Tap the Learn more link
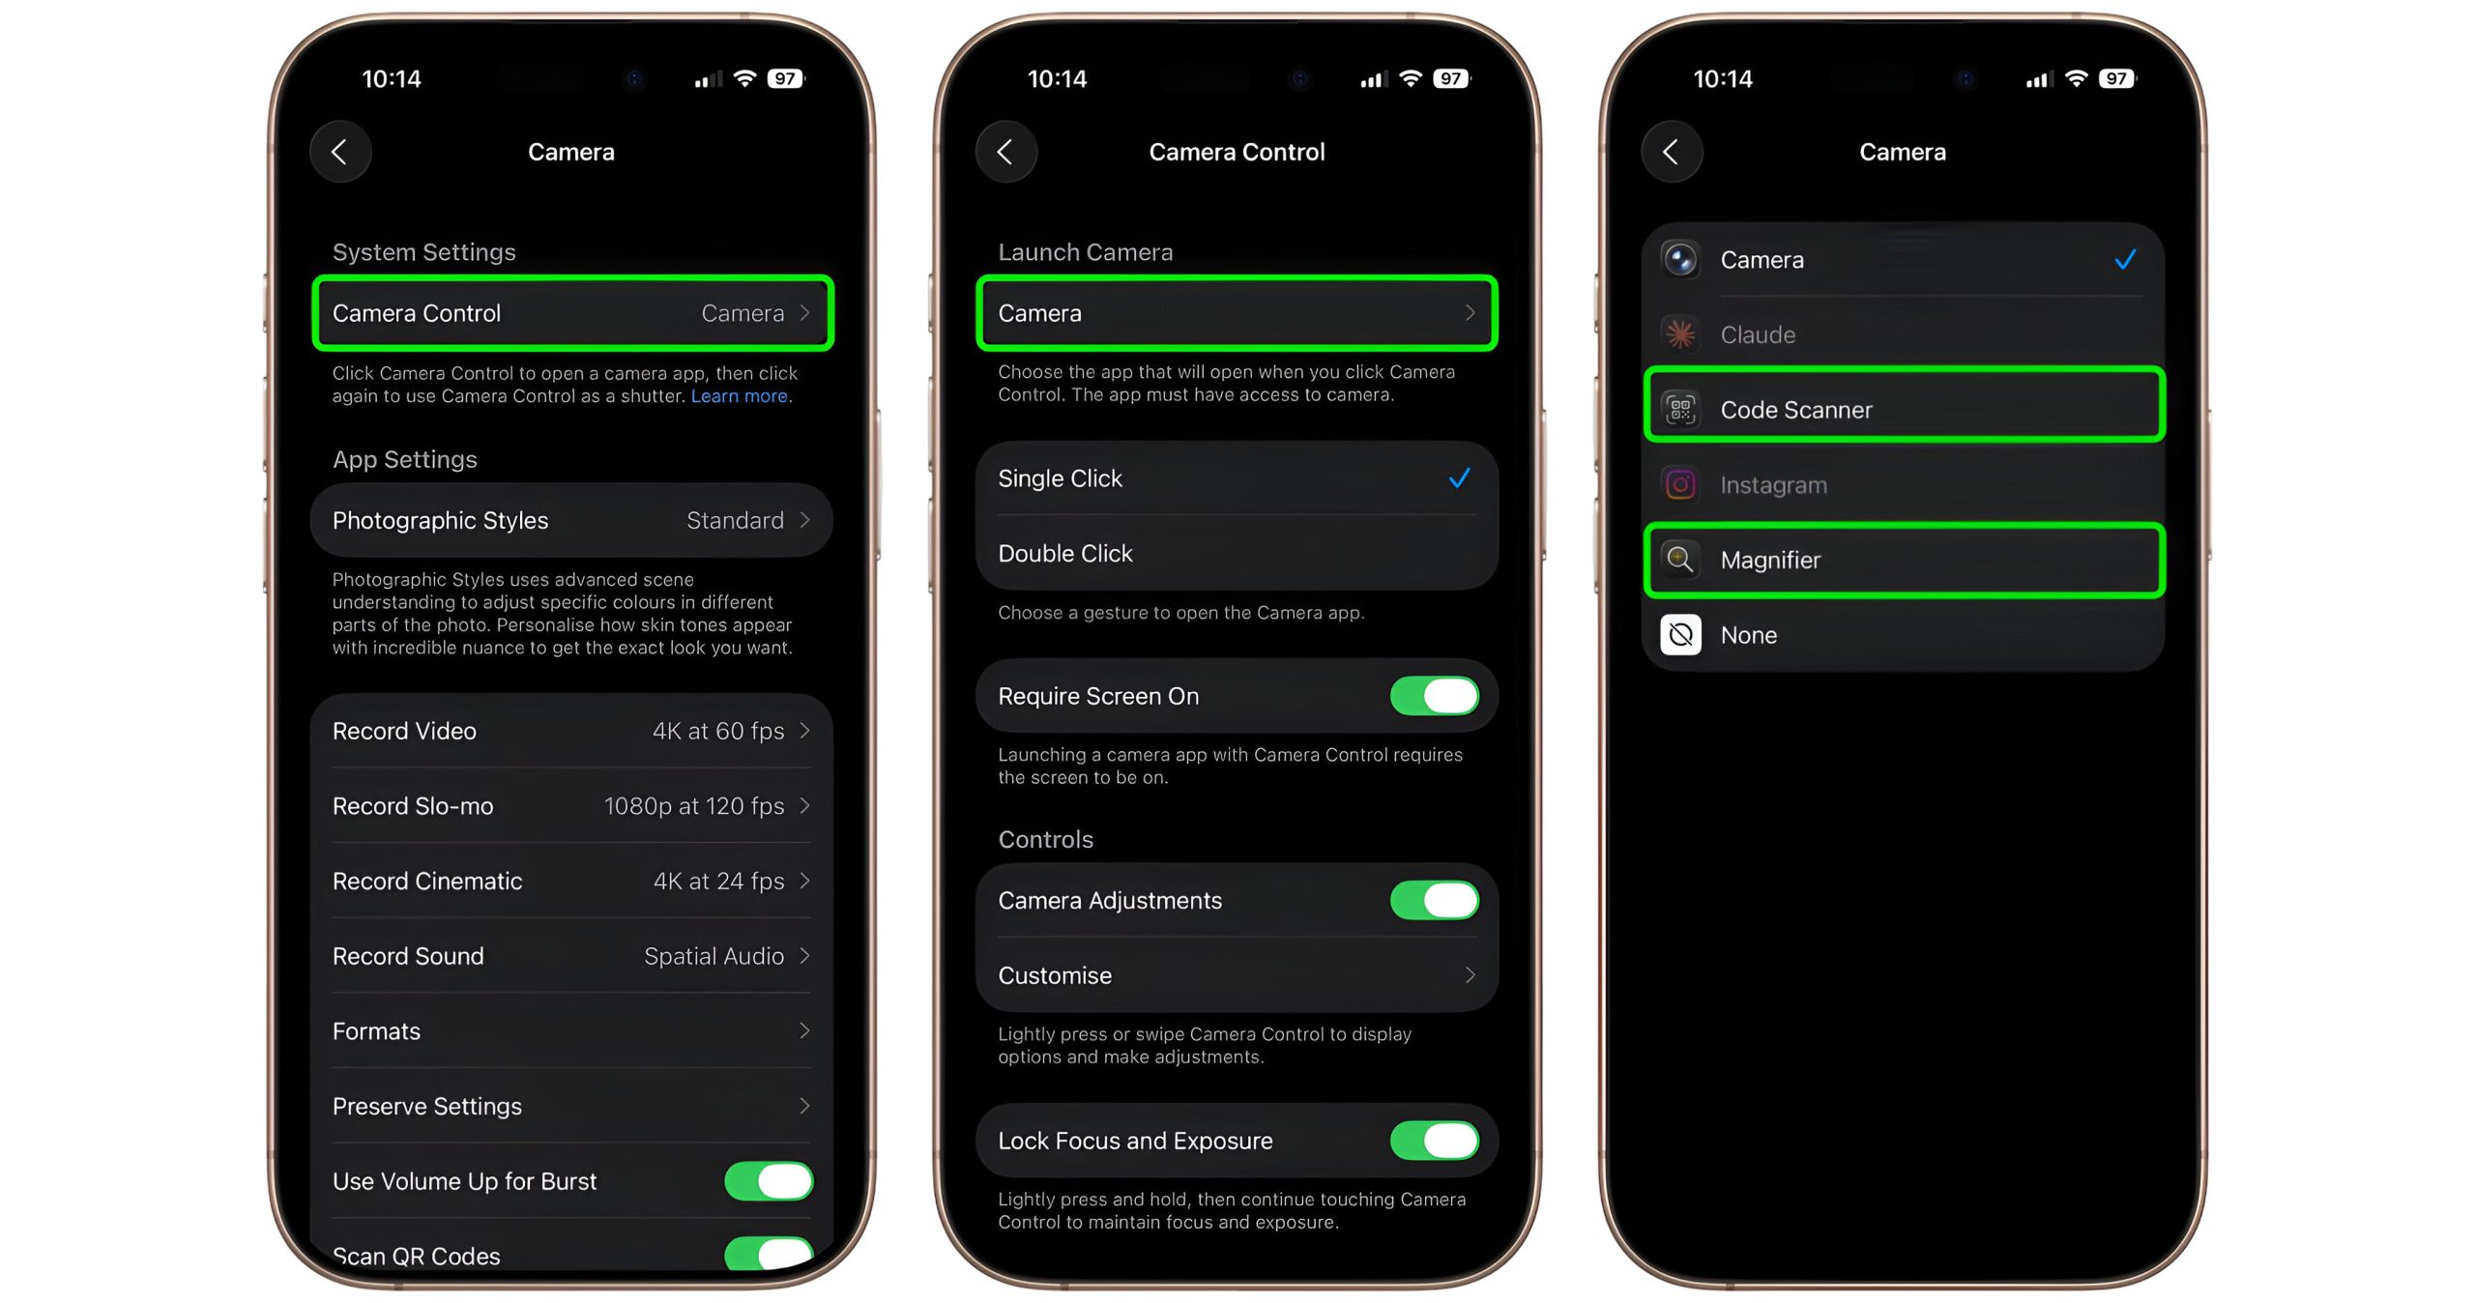point(740,396)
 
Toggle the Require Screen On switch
point(1434,696)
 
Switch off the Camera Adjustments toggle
point(1434,900)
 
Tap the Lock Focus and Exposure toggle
point(1434,1141)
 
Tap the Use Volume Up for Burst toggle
point(769,1181)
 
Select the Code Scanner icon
point(1680,410)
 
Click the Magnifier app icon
point(1680,560)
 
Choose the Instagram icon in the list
point(1680,484)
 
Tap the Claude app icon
point(1680,334)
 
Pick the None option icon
point(1680,635)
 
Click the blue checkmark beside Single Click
point(1460,478)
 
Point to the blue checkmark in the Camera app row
point(2125,259)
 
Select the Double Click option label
point(1064,554)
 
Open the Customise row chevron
point(1470,975)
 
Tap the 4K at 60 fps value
point(718,731)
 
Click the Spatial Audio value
point(713,957)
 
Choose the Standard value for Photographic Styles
point(735,520)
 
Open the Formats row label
point(376,1031)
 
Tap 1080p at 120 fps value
point(694,806)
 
